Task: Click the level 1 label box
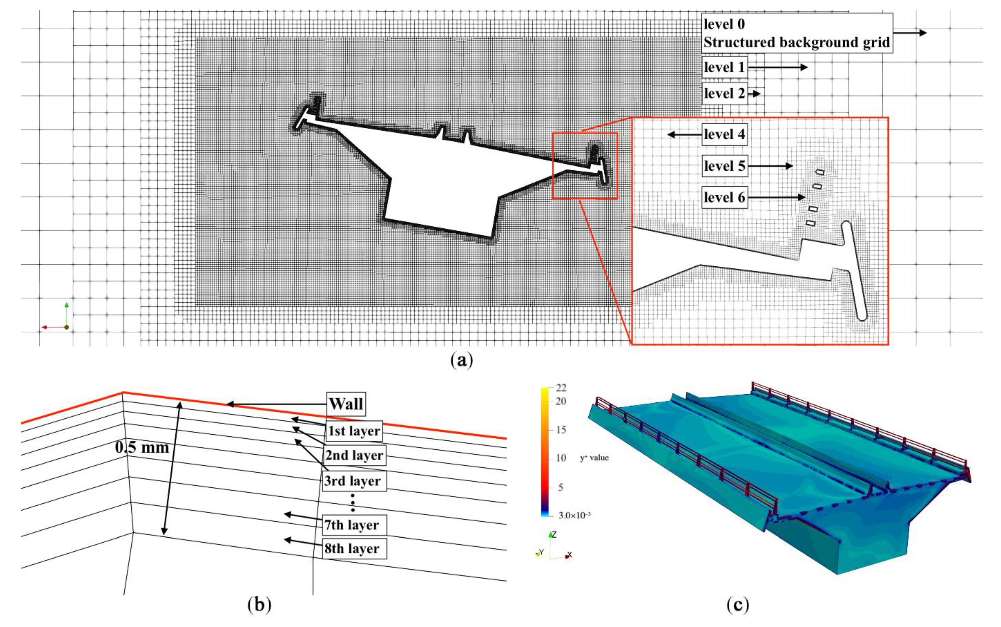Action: click(x=725, y=67)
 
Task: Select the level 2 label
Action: click(x=725, y=94)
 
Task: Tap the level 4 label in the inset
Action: click(x=725, y=134)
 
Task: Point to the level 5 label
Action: click(x=725, y=166)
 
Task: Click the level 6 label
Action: click(x=725, y=197)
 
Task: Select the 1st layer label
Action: click(x=354, y=431)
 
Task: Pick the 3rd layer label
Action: click(x=352, y=481)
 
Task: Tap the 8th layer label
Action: click(x=352, y=548)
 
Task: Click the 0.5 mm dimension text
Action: click(x=142, y=447)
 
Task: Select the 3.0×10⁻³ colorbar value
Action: click(x=574, y=515)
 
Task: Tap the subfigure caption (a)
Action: click(x=461, y=360)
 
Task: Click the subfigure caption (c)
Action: click(x=738, y=605)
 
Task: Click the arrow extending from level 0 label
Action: click(x=910, y=33)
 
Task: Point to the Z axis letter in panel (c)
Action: click(x=554, y=535)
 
